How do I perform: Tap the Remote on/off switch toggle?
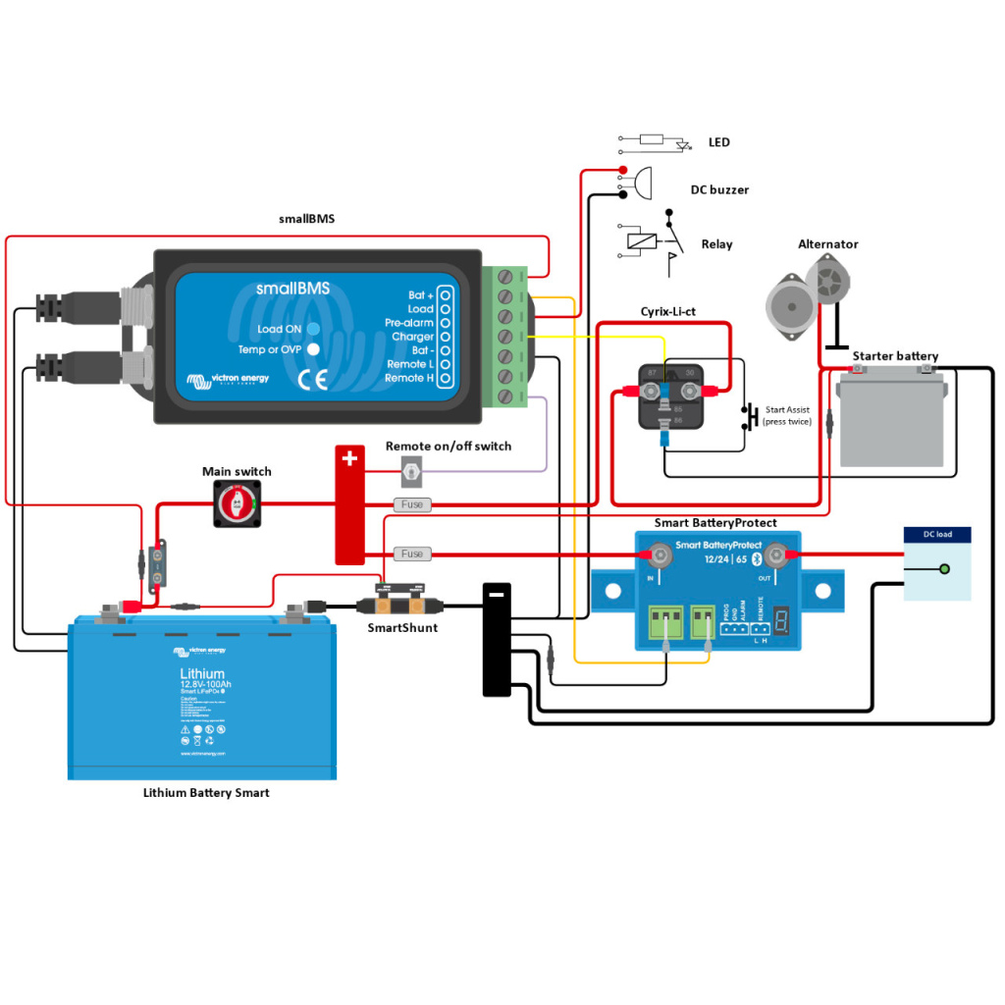[x=412, y=474]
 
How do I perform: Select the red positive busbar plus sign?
[x=349, y=458]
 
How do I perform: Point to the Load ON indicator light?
[x=312, y=329]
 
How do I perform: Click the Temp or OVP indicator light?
[x=312, y=349]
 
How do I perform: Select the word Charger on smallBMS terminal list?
[x=412, y=337]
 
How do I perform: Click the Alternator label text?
[x=827, y=244]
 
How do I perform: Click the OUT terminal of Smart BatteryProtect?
[x=775, y=557]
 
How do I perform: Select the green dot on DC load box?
[x=944, y=569]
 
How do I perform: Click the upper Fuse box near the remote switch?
[x=412, y=504]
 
